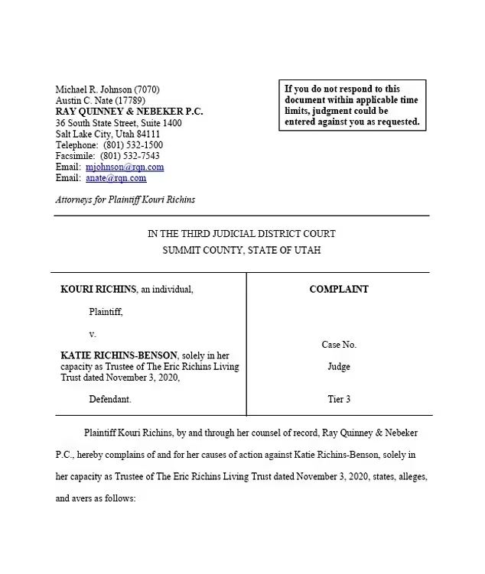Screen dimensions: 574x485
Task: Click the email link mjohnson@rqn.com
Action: click(x=125, y=167)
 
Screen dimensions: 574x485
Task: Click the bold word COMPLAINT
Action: click(x=339, y=289)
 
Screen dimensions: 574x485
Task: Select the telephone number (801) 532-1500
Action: click(x=133, y=145)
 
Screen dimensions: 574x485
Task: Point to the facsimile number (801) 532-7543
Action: click(x=130, y=156)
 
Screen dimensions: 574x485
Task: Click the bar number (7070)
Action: click(x=147, y=89)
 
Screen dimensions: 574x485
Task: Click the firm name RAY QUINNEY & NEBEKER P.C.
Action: click(x=130, y=112)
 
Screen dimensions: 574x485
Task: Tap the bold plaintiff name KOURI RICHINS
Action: click(x=99, y=289)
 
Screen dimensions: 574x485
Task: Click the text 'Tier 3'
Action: click(x=339, y=399)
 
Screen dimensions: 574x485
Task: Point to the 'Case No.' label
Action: click(x=339, y=345)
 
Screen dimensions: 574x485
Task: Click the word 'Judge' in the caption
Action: click(x=339, y=367)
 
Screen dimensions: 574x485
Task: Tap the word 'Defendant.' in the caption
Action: click(x=110, y=399)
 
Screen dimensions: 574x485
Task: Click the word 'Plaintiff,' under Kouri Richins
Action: click(x=106, y=311)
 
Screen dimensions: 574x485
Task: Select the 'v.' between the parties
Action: click(x=93, y=334)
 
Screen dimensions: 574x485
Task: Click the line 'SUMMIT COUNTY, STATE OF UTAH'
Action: click(x=242, y=250)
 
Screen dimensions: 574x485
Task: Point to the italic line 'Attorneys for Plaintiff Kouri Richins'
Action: click(x=125, y=199)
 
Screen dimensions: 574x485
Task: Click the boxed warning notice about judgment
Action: click(x=352, y=105)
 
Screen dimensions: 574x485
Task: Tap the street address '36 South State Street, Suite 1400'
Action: click(x=119, y=123)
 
